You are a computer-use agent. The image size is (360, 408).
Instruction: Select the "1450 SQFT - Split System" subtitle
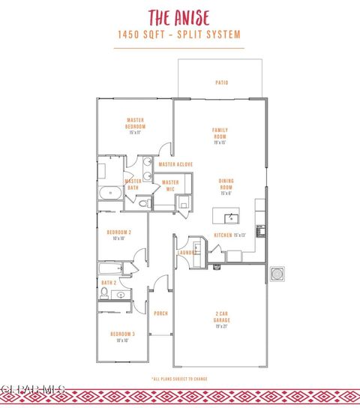179,34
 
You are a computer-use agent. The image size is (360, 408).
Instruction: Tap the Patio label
221,82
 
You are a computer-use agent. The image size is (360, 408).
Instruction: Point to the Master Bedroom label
135,124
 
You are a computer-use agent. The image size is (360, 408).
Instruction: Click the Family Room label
220,133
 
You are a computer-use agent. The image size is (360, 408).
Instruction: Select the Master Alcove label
175,164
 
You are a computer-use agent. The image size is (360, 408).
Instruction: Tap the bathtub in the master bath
110,192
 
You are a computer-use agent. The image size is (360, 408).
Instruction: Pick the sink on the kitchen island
231,218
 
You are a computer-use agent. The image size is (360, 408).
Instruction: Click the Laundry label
186,253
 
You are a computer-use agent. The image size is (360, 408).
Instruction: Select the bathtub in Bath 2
110,268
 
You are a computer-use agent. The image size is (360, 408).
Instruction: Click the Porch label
160,313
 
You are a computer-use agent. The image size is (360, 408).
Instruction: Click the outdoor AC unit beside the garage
277,274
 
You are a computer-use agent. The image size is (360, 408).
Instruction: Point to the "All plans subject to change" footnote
179,379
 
